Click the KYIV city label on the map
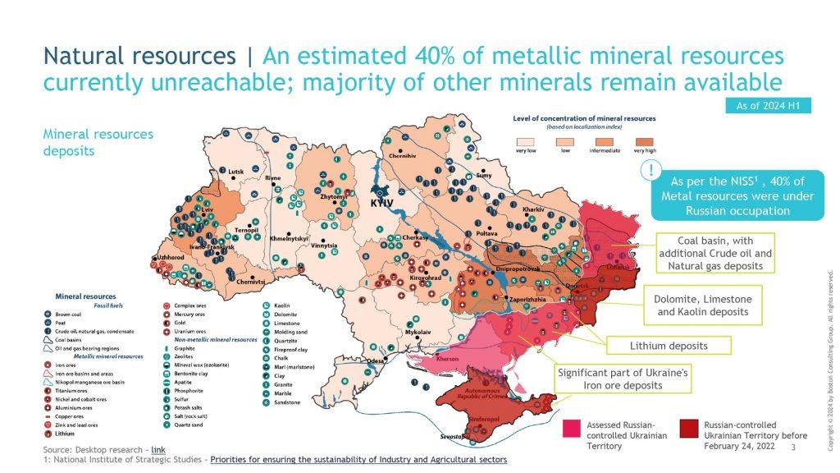[383, 201]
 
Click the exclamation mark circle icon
[651, 172]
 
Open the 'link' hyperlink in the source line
[157, 450]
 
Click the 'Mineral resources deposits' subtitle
[98, 142]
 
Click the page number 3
[792, 447]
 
